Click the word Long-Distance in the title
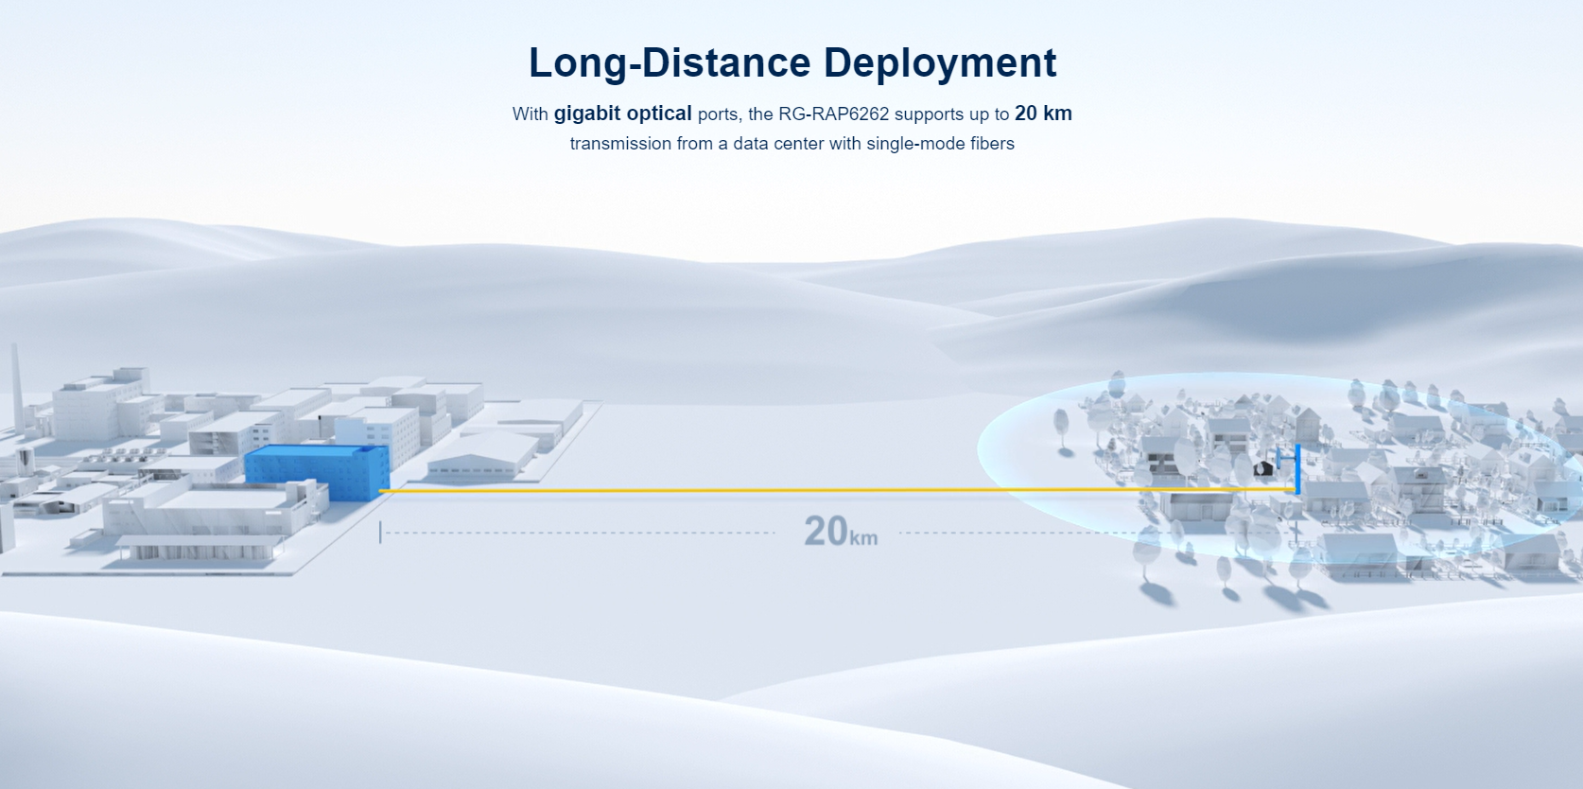pyautogui.click(x=670, y=62)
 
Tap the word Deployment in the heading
pyautogui.click(x=940, y=64)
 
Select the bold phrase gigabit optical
pyautogui.click(x=622, y=114)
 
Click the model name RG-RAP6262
pyautogui.click(x=833, y=114)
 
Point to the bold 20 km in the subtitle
pyautogui.click(x=1043, y=114)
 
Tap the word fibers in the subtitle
pyautogui.click(x=993, y=144)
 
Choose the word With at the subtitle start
pyautogui.click(x=530, y=114)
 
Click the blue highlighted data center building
pyautogui.click(x=318, y=472)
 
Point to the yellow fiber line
pyautogui.click(x=838, y=490)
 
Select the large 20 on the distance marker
pyautogui.click(x=826, y=530)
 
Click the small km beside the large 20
pyautogui.click(x=863, y=538)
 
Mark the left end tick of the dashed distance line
pyautogui.click(x=380, y=533)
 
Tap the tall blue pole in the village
pyautogui.click(x=1297, y=468)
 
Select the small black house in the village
pyautogui.click(x=1262, y=467)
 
